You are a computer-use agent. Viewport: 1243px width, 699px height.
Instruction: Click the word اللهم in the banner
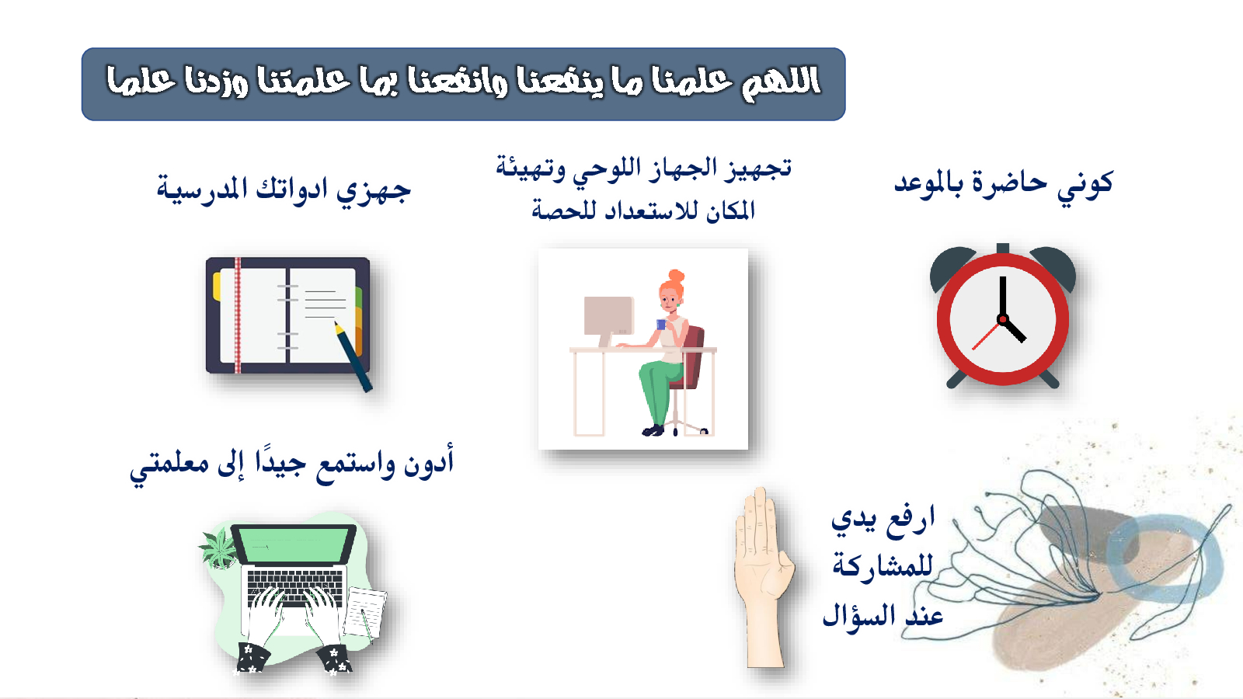coord(782,83)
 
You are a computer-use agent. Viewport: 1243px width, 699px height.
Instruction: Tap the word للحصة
coord(559,210)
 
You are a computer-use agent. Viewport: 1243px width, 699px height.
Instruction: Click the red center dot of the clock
coord(1002,319)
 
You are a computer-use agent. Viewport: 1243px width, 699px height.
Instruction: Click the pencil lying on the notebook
coord(353,356)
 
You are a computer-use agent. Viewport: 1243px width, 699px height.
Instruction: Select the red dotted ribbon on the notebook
coord(238,315)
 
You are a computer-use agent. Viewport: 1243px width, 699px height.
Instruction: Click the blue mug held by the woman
coord(661,325)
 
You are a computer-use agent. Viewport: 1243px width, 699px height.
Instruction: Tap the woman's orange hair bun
coord(677,276)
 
